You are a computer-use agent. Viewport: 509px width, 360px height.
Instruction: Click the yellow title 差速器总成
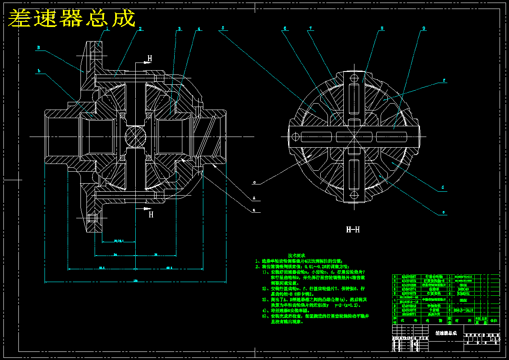71,18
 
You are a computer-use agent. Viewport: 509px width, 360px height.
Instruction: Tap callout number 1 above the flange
107,29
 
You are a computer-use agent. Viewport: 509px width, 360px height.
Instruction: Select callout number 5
223,28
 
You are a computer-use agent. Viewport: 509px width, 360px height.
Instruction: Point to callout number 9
423,29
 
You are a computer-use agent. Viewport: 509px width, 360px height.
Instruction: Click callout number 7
311,29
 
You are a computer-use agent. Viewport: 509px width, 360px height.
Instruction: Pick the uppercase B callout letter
38,48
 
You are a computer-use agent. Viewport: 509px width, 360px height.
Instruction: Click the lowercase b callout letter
39,71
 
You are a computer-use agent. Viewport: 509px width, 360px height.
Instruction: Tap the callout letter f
444,80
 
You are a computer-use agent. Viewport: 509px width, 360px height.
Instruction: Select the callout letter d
443,187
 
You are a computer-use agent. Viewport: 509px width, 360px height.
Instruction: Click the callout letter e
444,212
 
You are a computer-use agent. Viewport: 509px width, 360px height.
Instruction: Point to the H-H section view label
353,230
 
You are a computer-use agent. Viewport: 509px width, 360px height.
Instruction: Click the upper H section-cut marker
149,58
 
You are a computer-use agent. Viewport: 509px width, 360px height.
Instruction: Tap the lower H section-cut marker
151,214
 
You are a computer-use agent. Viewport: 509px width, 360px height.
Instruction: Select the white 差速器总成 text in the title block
446,333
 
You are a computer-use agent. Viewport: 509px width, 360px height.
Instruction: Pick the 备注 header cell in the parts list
494,320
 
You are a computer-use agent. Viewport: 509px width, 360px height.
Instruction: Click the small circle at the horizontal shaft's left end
295,137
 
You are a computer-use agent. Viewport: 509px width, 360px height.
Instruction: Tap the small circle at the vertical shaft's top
354,78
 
